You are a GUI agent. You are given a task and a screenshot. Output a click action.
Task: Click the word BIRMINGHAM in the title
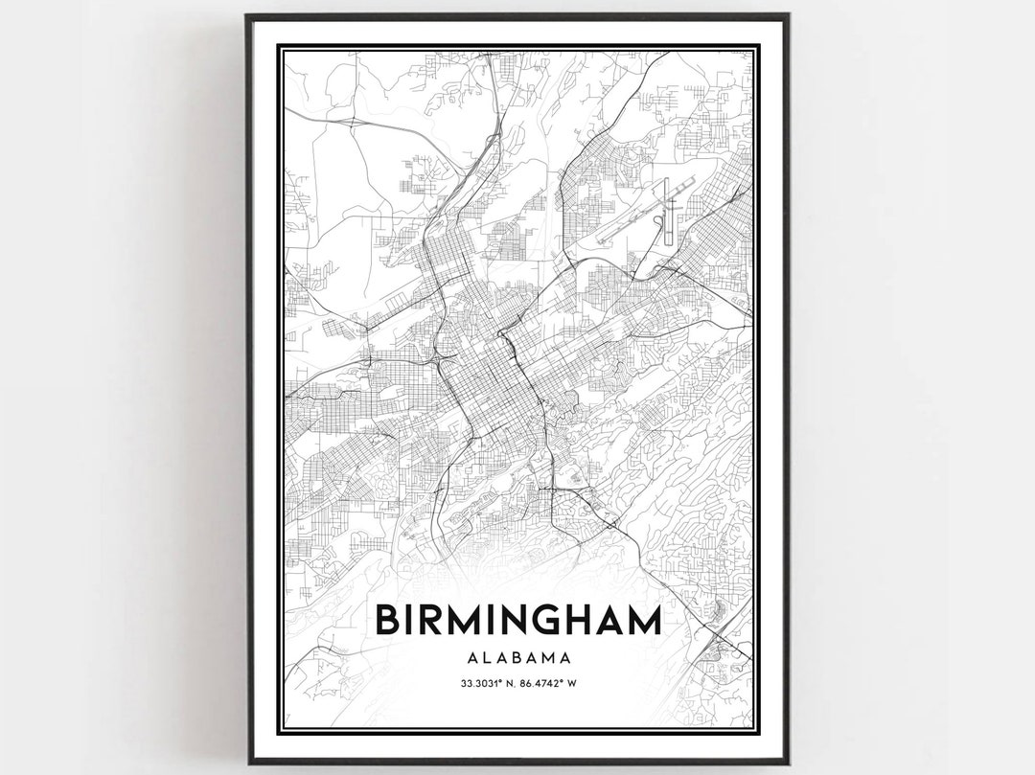517,620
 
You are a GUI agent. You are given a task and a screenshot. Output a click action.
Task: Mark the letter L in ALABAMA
486,658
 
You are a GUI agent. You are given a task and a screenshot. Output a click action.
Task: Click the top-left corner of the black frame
247,15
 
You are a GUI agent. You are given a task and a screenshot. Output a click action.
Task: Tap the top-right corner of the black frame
788,15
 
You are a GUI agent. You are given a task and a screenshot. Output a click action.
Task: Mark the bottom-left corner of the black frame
247,763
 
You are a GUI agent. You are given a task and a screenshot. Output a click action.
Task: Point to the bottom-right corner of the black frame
788,763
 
